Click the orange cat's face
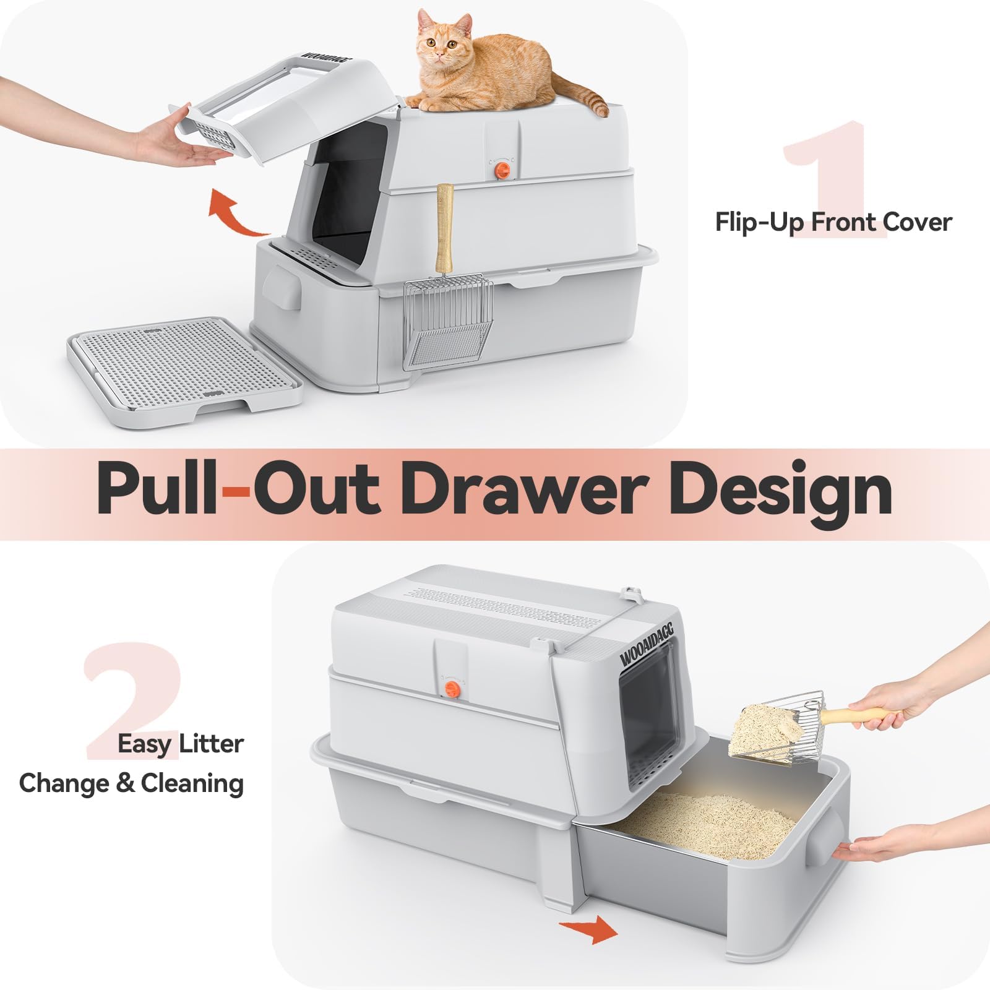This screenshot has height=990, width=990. pos(441,43)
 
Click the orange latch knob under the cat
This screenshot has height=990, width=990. pos(504,169)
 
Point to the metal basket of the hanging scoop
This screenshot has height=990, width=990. pos(448,322)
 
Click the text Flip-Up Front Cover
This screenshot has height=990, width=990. pos(833,222)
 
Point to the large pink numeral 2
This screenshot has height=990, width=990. pos(133,699)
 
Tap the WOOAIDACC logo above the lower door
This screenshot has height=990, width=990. pos(647,643)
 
